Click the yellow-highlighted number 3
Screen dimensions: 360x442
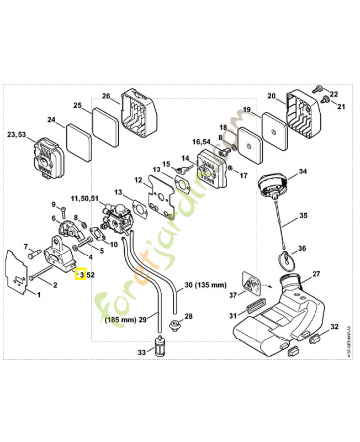[x=82, y=275]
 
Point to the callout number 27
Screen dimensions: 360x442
[x=316, y=274]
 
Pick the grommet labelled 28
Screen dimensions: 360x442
[x=174, y=324]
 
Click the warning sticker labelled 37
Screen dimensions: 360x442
[x=251, y=283]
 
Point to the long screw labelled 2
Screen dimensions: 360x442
[x=40, y=272]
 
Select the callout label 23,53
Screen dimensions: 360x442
[x=17, y=134]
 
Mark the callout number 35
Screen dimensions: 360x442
[x=303, y=215]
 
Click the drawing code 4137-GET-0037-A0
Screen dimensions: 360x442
[x=349, y=341]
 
